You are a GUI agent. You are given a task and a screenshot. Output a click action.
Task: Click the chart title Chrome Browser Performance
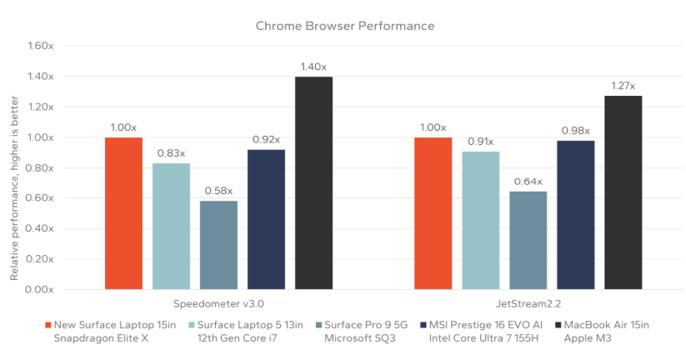click(x=344, y=26)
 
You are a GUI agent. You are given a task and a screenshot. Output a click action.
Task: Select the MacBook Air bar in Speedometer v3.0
click(x=313, y=183)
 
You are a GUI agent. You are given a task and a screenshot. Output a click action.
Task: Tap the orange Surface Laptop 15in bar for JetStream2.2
click(x=433, y=213)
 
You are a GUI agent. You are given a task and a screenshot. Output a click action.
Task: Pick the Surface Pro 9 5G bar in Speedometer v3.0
click(x=218, y=245)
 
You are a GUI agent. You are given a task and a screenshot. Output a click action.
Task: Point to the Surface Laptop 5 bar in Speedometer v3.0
click(x=171, y=226)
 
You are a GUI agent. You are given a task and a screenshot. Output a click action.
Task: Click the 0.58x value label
click(x=218, y=191)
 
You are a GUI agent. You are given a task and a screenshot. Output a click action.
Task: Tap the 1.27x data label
click(x=623, y=86)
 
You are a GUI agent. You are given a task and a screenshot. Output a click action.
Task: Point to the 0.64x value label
click(x=528, y=182)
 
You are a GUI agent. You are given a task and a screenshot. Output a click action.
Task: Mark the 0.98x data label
click(x=576, y=130)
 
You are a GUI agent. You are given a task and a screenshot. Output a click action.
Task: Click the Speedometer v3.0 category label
click(x=218, y=304)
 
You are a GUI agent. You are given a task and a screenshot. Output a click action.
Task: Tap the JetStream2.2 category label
click(x=528, y=304)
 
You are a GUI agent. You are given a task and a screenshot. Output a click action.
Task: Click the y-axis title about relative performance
click(x=14, y=169)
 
